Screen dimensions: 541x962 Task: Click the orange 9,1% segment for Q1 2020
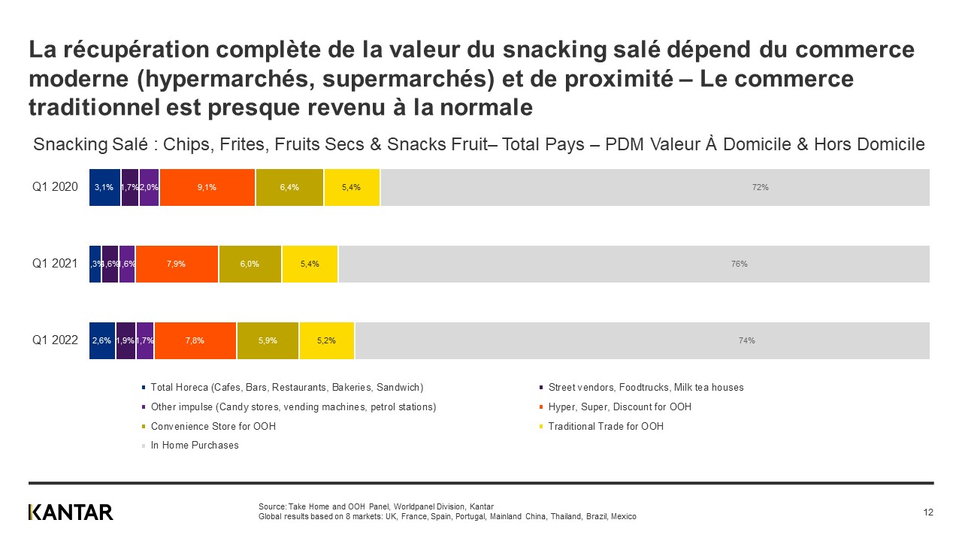pos(207,188)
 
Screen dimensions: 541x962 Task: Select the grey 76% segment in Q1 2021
pos(634,264)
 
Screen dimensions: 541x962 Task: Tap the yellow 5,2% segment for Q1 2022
pos(327,340)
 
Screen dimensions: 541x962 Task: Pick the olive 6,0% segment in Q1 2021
pos(250,264)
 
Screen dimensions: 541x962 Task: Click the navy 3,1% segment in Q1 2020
pos(104,188)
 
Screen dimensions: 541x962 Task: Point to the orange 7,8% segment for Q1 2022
pos(195,340)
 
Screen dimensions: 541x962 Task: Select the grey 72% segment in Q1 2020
pos(655,188)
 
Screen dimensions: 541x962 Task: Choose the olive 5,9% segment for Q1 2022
pos(268,340)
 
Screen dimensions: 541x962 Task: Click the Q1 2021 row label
pos(55,264)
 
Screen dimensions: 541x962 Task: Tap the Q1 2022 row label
pos(55,340)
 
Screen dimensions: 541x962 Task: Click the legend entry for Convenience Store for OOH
pos(213,426)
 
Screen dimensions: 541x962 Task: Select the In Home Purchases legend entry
pos(195,446)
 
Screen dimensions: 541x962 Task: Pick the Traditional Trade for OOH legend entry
pos(606,426)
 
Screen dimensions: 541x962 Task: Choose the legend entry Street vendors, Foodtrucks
pos(646,388)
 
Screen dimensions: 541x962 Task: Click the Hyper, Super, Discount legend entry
pos(619,407)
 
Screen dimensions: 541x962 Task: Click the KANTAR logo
pos(71,512)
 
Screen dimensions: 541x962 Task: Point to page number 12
pos(928,512)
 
